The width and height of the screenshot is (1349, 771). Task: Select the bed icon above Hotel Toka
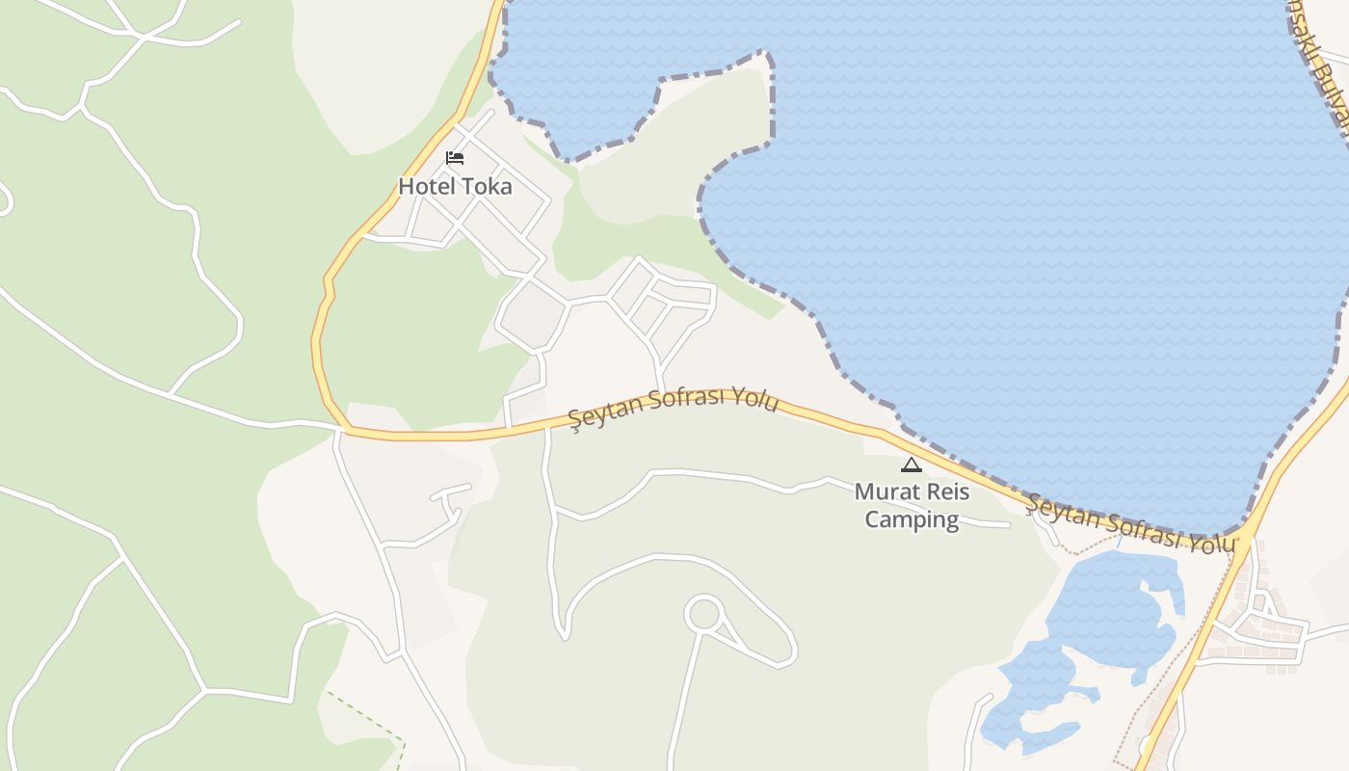[455, 158]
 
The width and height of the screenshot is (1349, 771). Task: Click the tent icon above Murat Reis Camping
[911, 465]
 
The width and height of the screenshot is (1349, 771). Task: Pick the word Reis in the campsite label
[945, 492]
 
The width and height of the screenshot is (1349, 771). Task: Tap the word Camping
[912, 520]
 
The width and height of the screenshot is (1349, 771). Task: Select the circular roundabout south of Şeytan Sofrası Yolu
[704, 614]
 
